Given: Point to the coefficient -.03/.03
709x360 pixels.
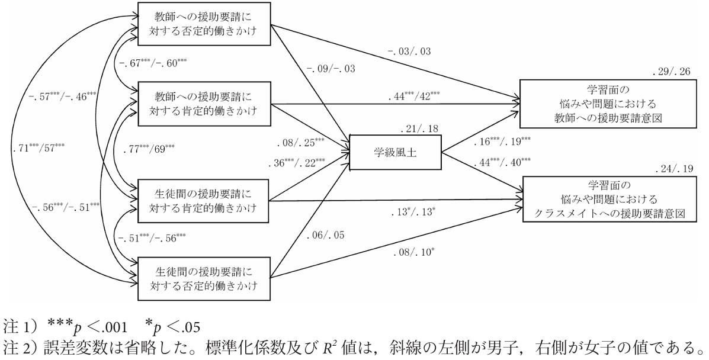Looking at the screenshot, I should tap(413, 52).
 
